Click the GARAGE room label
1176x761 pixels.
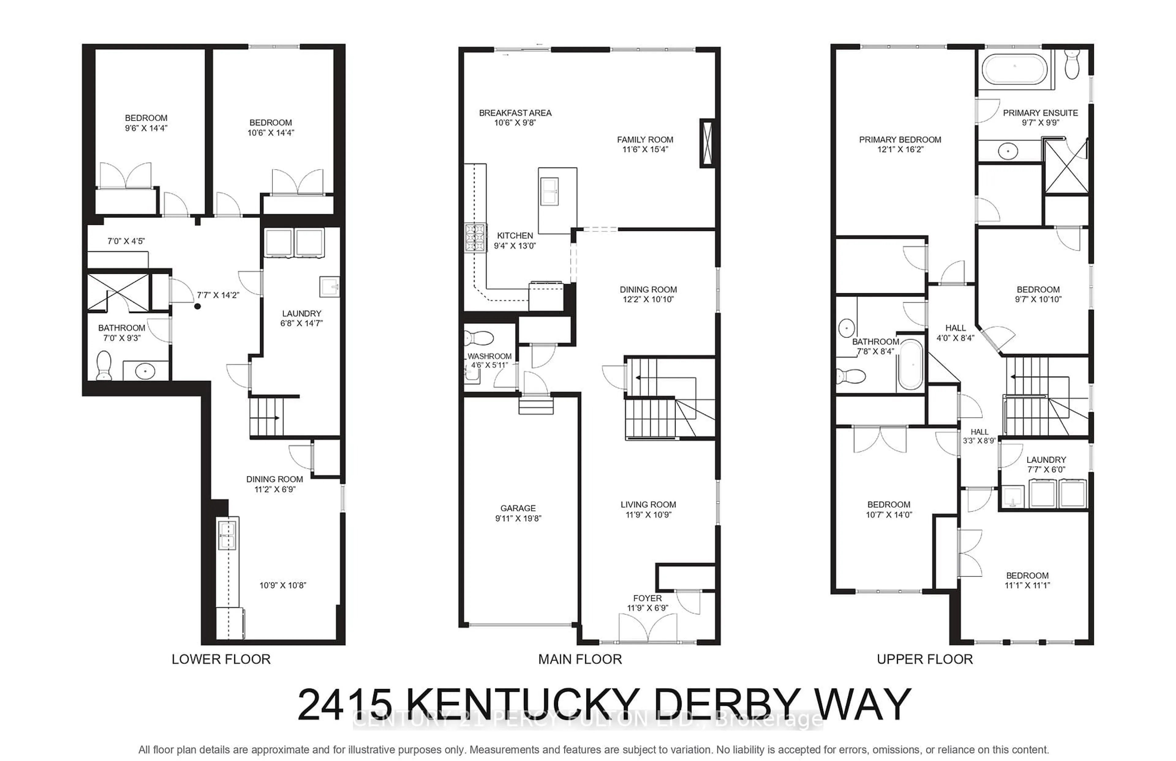point(518,508)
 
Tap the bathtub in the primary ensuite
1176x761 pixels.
point(1014,69)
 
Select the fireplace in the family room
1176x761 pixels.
point(707,143)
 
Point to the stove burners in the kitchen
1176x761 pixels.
point(475,238)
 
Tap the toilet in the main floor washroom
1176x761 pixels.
point(479,338)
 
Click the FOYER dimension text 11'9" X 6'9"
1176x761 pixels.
point(647,608)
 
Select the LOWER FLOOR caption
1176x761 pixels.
point(221,659)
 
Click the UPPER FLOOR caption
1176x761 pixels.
point(925,659)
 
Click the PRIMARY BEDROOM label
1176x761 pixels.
point(900,140)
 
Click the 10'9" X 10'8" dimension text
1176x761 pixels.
point(283,585)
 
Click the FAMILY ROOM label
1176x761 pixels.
point(645,140)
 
